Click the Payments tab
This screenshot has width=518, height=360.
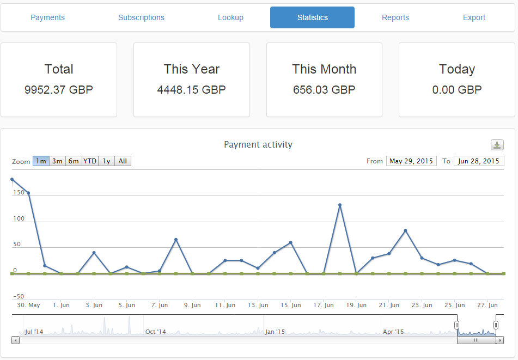[x=47, y=17]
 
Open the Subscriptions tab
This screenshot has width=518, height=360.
[x=141, y=17]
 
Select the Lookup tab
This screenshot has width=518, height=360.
[x=230, y=17]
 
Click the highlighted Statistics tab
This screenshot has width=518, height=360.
[x=312, y=17]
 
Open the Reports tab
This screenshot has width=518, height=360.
[x=395, y=17]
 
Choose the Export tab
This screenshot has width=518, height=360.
[x=474, y=17]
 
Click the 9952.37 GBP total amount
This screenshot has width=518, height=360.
[x=59, y=90]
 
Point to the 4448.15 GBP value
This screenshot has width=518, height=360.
[x=191, y=90]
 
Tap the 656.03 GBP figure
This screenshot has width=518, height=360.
[x=324, y=90]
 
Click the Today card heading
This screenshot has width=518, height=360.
[x=457, y=69]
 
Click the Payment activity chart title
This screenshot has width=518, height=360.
[x=258, y=144]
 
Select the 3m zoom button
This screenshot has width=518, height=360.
[x=57, y=161]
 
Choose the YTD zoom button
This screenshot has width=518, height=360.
[x=90, y=161]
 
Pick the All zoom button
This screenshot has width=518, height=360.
[x=123, y=161]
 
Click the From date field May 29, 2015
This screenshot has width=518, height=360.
[x=411, y=161]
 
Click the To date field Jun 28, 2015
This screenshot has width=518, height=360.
[x=479, y=161]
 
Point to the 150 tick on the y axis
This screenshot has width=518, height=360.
[x=19, y=192]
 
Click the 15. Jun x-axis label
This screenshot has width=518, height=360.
[x=290, y=306]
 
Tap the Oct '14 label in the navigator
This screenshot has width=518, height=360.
[x=156, y=332]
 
